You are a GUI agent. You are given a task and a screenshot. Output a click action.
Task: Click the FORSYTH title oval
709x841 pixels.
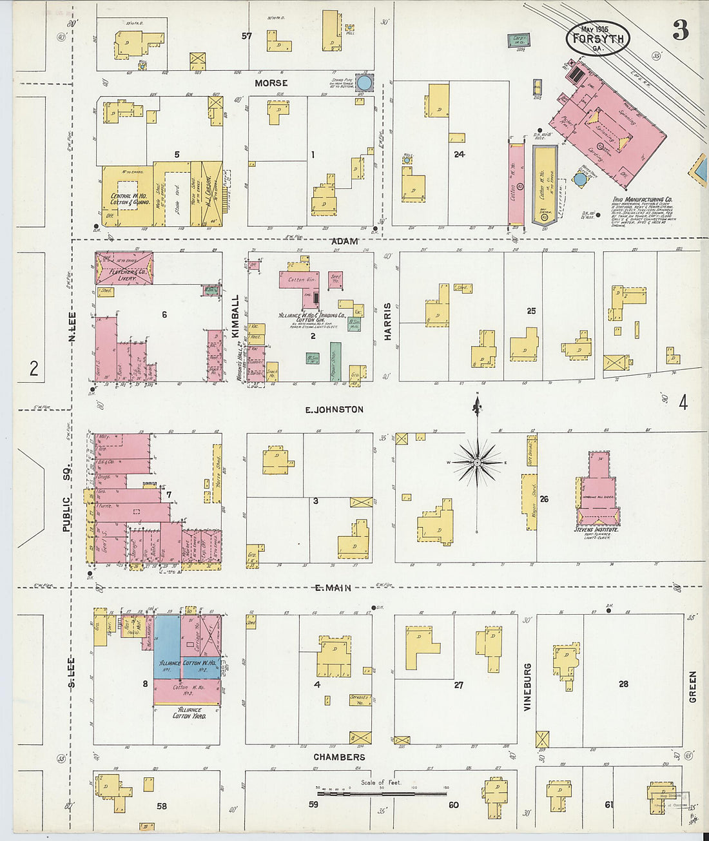[597, 39]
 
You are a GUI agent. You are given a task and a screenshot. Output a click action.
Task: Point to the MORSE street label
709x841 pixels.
[271, 83]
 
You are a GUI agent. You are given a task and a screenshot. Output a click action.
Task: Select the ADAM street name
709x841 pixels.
[344, 241]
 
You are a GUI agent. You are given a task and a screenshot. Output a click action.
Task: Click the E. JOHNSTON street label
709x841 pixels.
[335, 409]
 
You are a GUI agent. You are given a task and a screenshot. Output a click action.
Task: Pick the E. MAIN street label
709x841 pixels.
[333, 587]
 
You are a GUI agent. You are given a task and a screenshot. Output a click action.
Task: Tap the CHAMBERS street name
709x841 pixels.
[339, 757]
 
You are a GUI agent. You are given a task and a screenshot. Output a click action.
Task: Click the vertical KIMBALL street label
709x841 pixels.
[235, 315]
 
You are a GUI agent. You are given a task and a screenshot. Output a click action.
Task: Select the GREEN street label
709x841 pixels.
[693, 686]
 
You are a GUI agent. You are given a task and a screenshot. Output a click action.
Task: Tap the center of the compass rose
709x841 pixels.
[477, 462]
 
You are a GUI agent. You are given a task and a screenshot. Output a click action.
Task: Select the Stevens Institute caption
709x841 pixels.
[596, 529]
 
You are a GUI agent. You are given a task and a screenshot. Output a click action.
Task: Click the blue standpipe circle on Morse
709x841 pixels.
[364, 82]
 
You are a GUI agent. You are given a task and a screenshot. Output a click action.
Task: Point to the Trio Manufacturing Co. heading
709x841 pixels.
[642, 200]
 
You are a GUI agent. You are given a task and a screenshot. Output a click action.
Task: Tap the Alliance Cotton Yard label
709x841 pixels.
[189, 712]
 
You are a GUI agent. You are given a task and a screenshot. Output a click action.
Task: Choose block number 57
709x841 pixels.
[246, 36]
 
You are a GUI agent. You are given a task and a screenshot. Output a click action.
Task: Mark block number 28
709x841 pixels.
[623, 684]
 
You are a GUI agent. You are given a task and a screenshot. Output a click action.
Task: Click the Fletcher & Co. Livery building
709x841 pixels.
[124, 268]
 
